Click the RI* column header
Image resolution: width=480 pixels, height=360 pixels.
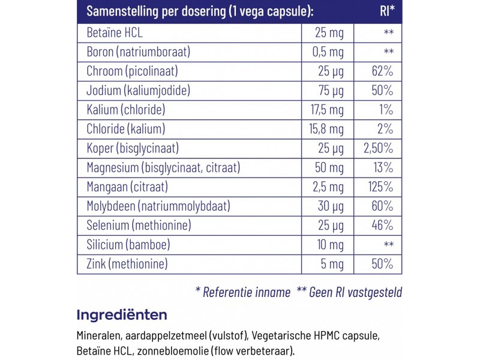(387, 11)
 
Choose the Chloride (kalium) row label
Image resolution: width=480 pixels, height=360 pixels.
(125, 128)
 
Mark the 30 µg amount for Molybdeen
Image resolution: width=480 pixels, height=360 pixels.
(331, 206)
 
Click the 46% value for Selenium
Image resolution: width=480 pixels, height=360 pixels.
(382, 225)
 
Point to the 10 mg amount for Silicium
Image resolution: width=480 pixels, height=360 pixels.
(330, 244)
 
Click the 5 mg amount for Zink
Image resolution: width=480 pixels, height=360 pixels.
(333, 263)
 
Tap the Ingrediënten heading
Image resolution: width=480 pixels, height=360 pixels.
(122, 314)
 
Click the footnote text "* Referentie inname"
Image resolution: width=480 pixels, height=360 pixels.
(244, 292)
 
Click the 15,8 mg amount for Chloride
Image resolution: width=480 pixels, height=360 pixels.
(328, 128)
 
